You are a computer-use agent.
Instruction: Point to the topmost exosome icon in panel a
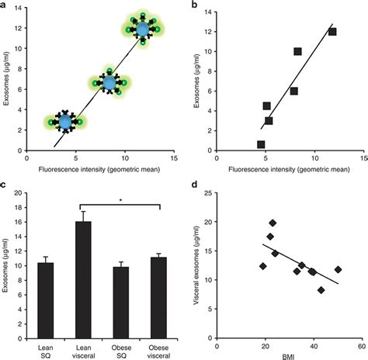[142, 29]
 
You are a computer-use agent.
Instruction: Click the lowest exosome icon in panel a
[64, 121]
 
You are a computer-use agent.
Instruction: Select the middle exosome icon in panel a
[109, 81]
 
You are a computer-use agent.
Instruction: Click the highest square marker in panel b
[332, 32]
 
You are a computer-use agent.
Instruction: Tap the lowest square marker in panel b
[261, 144]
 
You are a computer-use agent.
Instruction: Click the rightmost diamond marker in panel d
[338, 269]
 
